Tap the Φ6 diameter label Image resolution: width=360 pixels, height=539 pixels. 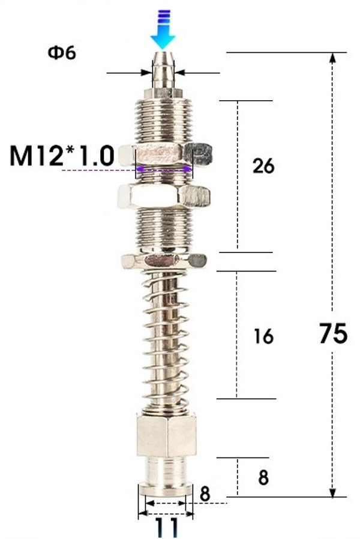coord(62,53)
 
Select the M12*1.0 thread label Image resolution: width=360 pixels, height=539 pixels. coord(62,157)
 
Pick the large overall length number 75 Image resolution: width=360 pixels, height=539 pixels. coord(333,333)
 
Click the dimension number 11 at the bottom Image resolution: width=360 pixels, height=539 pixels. coord(166,527)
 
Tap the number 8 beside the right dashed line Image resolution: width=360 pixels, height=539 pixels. coord(263,478)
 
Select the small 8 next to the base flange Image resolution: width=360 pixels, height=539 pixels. coord(204,493)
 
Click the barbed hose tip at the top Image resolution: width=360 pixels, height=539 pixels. coord(164,71)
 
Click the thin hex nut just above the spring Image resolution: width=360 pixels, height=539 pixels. coord(164,261)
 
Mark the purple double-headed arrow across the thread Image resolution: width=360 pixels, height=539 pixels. coord(166,170)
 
